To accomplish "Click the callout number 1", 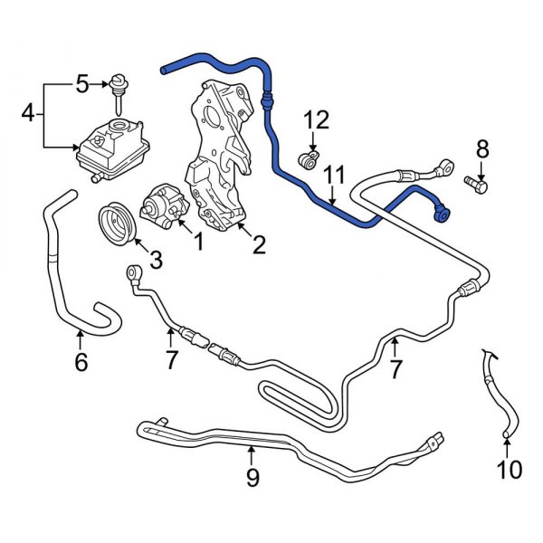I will (x=196, y=243).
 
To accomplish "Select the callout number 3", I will (x=155, y=262).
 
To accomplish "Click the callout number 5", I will (x=82, y=85).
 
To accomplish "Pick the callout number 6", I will (x=81, y=362).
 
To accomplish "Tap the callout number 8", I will (x=481, y=149).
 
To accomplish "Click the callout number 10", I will (x=510, y=469).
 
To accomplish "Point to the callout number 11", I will (x=336, y=173).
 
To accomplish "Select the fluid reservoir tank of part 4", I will (x=106, y=148).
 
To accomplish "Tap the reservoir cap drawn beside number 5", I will (x=116, y=86).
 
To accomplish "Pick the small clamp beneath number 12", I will (x=309, y=161).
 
